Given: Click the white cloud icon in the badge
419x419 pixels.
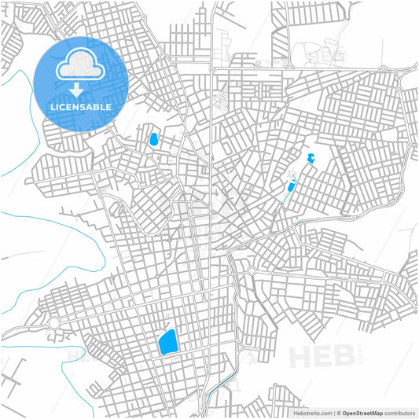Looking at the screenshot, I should pyautogui.click(x=80, y=64).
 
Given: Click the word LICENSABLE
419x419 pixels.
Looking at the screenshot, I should pyautogui.click(x=80, y=106).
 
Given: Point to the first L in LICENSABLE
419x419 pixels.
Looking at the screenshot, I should pyautogui.click(x=53, y=106).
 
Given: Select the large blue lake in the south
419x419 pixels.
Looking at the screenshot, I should pyautogui.click(x=167, y=342).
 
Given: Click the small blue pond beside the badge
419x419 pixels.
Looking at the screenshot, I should pyautogui.click(x=154, y=141).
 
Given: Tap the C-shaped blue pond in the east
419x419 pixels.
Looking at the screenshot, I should pyautogui.click(x=311, y=158).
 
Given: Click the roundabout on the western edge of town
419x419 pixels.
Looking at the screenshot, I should pyautogui.click(x=54, y=323).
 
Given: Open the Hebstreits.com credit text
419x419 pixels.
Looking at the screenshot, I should pyautogui.click(x=311, y=412).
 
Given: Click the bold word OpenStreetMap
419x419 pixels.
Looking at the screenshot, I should pyautogui.click(x=362, y=412).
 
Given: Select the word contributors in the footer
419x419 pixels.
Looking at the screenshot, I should pyautogui.click(x=400, y=412).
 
